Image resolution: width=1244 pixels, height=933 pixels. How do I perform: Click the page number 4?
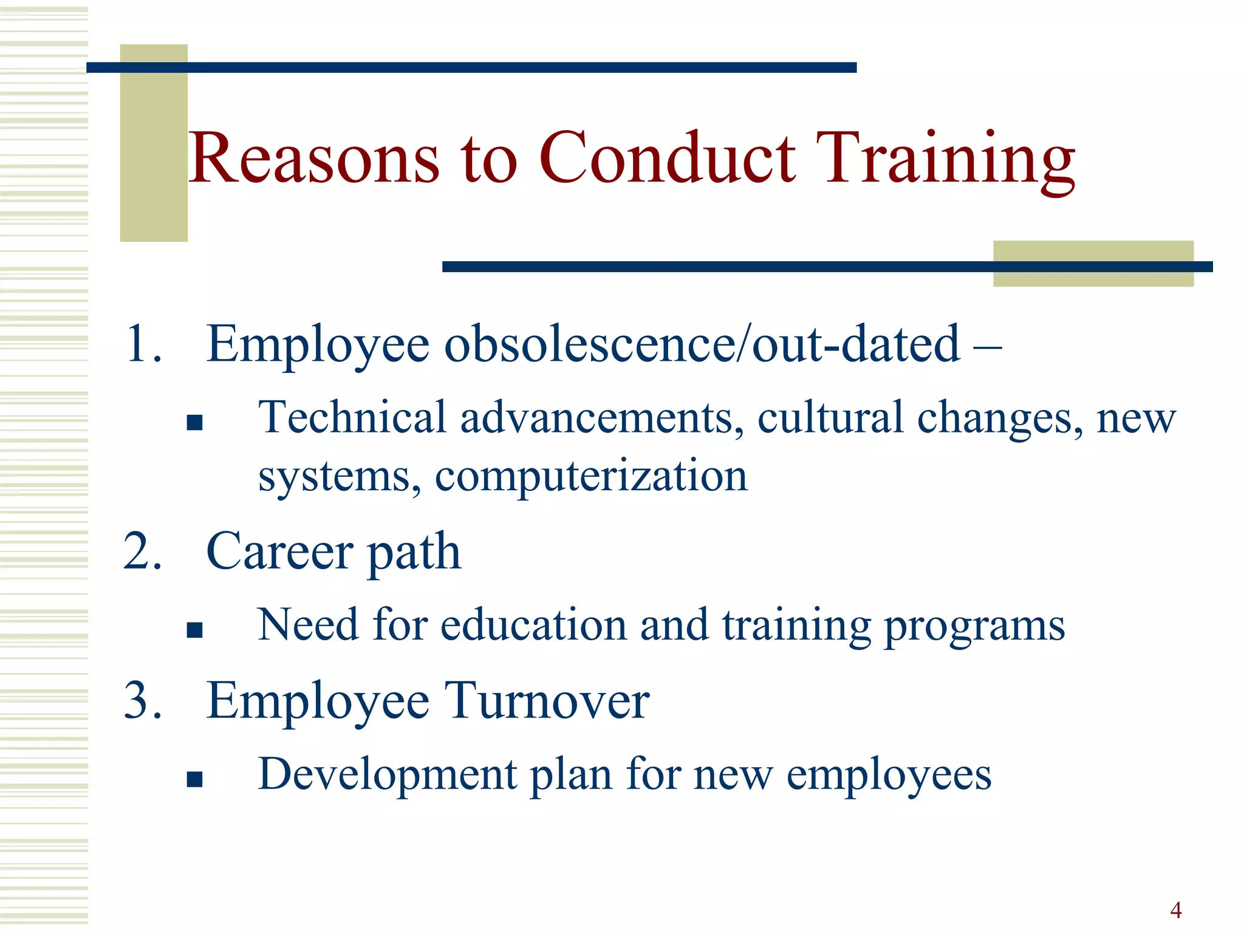(x=1175, y=910)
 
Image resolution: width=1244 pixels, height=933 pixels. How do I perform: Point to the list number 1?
(x=143, y=344)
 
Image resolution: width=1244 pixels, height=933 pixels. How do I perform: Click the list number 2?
(x=143, y=551)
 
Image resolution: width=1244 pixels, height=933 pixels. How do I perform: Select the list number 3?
(x=143, y=700)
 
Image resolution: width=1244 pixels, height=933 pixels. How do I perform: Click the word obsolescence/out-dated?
(x=702, y=344)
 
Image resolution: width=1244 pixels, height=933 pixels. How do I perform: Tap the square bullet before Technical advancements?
(x=194, y=422)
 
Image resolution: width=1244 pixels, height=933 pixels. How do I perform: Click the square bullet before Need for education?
(x=194, y=630)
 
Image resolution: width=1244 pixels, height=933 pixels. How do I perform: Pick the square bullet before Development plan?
(x=194, y=779)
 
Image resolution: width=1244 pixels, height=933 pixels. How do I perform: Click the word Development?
(x=387, y=774)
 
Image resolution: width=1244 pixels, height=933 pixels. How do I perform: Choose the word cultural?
(x=830, y=418)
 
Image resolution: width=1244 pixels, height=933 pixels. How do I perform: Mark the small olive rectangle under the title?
(x=1093, y=264)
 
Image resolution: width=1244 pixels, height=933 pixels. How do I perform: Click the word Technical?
(x=352, y=418)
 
